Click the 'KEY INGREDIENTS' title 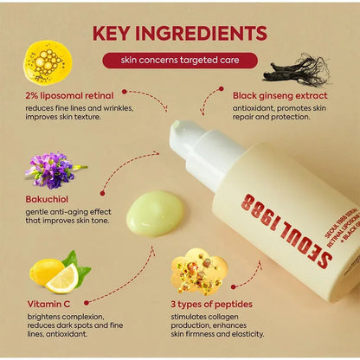click(179, 34)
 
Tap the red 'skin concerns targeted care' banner click(179, 61)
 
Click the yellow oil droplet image click(47, 61)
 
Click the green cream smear click(155, 213)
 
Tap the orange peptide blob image click(198, 271)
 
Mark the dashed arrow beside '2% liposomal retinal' click(147, 98)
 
